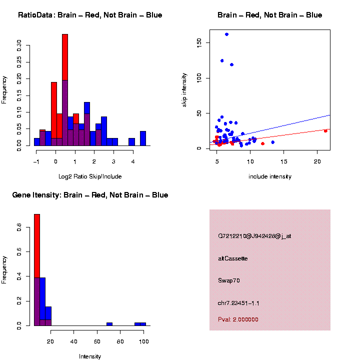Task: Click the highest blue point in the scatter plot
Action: coord(226,34)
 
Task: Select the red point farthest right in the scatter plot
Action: coord(325,131)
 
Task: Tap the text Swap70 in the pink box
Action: coord(229,280)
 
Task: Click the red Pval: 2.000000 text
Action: coord(238,319)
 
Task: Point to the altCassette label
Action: coord(233,258)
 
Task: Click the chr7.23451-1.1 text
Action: coord(238,303)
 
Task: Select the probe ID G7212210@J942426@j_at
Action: coord(254,236)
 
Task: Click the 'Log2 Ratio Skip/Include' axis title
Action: coord(89,176)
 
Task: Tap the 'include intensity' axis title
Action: coord(270,176)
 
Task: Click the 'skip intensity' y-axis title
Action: coord(184,89)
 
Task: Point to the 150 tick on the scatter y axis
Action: coord(199,43)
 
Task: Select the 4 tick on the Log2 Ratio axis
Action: coord(133,161)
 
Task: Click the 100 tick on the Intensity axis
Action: coord(143,341)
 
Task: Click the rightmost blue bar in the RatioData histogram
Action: coord(143,138)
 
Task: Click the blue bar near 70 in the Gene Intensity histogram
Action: coord(109,324)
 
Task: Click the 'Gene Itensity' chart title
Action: coord(90,195)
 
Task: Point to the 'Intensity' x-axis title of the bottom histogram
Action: coord(90,356)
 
